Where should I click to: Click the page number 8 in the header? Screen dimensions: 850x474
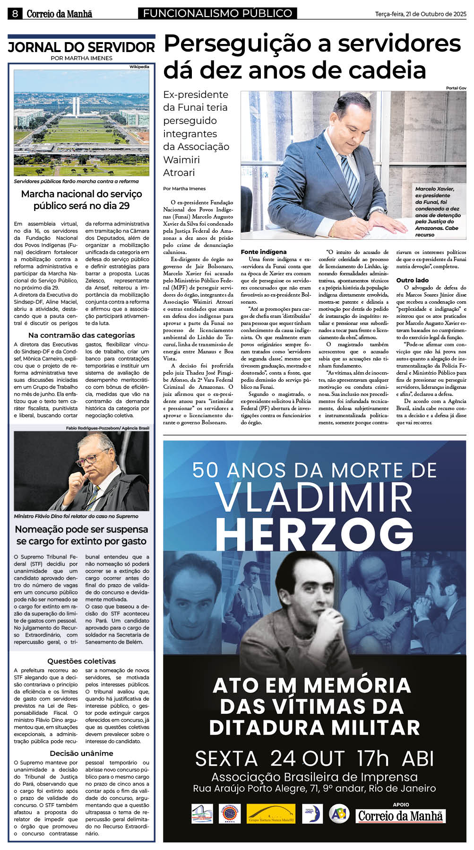(x=15, y=14)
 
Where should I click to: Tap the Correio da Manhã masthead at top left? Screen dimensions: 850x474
(x=59, y=14)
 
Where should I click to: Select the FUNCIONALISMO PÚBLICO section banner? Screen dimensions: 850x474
(x=217, y=14)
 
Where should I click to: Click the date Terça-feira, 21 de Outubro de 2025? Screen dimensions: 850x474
(x=421, y=14)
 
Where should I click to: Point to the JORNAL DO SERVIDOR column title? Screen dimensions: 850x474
(x=81, y=47)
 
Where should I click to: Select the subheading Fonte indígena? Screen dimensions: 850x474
(x=264, y=252)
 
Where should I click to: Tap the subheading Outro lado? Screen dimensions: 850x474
(x=413, y=280)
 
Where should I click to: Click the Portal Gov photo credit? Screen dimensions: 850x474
(x=456, y=88)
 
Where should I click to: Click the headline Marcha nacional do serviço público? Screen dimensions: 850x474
(x=81, y=200)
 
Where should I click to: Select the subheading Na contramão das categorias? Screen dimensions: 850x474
(x=81, y=335)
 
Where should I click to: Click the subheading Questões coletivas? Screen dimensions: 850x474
(x=81, y=661)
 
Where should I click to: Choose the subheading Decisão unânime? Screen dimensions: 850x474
(x=81, y=753)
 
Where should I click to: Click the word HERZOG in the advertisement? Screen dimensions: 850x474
(x=314, y=533)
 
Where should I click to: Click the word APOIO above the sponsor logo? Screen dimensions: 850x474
(x=401, y=804)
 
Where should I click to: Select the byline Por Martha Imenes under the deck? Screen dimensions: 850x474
(x=184, y=188)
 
